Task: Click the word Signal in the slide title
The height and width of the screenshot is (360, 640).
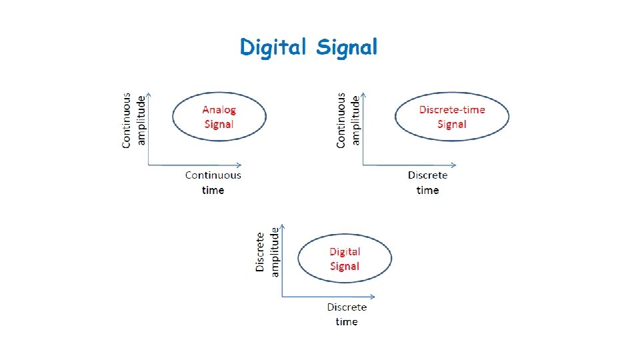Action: click(x=347, y=48)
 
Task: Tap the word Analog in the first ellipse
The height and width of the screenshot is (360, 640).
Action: click(x=219, y=109)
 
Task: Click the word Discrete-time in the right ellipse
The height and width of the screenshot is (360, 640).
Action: click(x=452, y=109)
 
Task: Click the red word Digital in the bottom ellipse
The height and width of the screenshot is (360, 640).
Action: click(x=345, y=251)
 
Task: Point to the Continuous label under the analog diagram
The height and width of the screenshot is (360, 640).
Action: click(x=213, y=175)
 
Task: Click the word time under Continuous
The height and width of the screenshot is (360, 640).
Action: click(x=213, y=190)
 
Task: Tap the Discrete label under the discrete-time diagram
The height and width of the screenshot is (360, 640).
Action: click(x=427, y=175)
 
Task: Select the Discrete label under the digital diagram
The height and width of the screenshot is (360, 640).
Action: click(x=347, y=307)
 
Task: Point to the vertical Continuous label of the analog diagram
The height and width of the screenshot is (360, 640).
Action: click(x=127, y=120)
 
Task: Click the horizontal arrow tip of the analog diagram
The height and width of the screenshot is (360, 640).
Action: click(x=240, y=164)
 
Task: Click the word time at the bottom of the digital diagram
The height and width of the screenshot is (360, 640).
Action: click(x=347, y=321)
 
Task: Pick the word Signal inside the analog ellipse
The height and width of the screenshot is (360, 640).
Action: click(x=219, y=124)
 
